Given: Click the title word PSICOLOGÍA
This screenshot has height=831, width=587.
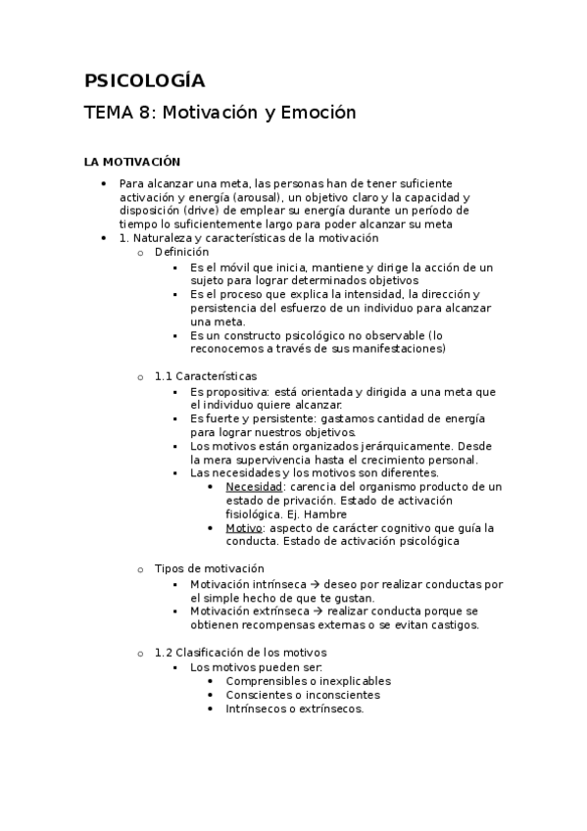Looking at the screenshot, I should pyautogui.click(x=144, y=80).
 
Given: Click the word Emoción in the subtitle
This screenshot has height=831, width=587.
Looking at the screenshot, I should pyautogui.click(x=318, y=113).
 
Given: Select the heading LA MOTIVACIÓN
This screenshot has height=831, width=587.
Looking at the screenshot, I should pyautogui.click(x=132, y=162).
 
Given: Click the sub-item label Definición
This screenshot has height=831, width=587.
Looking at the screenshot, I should pyautogui.click(x=181, y=252).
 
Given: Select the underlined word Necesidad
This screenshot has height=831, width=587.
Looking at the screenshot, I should pyautogui.click(x=255, y=487).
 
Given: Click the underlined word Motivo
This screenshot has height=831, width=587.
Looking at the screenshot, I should pyautogui.click(x=245, y=527).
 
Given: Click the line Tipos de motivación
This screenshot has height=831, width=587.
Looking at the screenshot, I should pyautogui.click(x=210, y=568).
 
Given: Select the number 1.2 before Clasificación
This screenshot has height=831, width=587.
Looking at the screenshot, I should pyautogui.click(x=164, y=652).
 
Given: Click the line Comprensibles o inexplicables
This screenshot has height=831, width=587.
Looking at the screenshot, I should pyautogui.click(x=308, y=680).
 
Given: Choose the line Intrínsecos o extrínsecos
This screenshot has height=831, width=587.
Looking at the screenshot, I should pyautogui.click(x=294, y=709).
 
